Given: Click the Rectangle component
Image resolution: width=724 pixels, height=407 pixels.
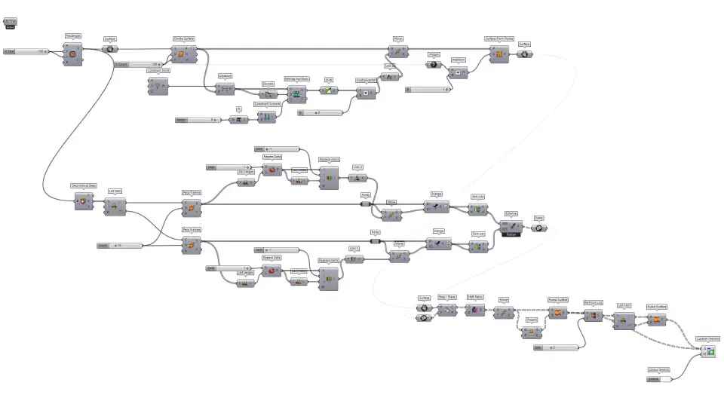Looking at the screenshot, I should pos(73,54).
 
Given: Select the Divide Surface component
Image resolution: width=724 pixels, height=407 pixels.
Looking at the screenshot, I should pos(183,54).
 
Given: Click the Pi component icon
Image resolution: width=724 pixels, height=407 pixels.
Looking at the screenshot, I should pos(238,119).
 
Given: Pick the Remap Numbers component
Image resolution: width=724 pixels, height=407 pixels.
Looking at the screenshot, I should pos(296,94).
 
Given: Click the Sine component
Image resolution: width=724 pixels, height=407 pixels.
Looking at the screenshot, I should pos(328,90).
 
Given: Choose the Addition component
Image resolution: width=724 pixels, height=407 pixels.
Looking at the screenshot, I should pos(458,72).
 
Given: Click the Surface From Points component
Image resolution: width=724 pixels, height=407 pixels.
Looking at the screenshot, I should pos(499,54).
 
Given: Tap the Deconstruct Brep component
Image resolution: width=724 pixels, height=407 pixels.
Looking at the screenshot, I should pos(81,200).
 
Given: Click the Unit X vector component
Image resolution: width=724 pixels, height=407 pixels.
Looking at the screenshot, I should pos(357,179).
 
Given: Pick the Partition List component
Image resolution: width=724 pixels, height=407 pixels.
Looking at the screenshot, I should pos(594,316).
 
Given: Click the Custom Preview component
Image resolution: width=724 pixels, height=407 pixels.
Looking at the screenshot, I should pos(707,350).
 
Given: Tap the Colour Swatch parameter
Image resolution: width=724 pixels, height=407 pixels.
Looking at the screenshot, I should pos(658,378).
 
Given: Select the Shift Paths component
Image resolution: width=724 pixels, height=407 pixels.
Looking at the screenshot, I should pos(475,310).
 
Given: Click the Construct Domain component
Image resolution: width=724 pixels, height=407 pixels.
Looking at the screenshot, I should pos(266,117).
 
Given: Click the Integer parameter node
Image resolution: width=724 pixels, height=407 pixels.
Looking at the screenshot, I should pos(434,65).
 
